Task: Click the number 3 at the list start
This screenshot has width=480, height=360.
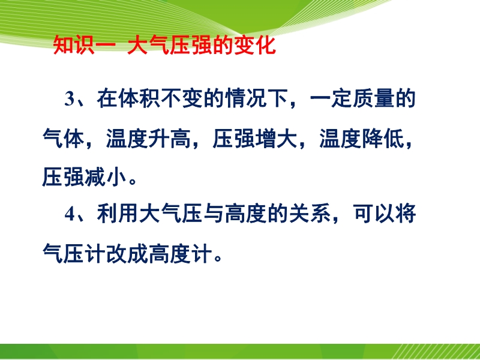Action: (70, 100)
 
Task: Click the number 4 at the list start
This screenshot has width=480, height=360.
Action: (70, 214)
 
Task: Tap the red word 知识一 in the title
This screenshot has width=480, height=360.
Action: (85, 46)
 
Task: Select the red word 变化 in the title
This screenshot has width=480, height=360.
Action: (256, 46)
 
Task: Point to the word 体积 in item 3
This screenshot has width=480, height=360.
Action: (139, 99)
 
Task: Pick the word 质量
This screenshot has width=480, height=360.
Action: (373, 99)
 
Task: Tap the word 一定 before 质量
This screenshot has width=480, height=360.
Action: (331, 99)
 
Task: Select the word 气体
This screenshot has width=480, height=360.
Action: (64, 139)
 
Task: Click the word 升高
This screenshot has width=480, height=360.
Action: (169, 139)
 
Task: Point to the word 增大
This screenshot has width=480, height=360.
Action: (276, 139)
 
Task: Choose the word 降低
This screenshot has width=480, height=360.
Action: (383, 139)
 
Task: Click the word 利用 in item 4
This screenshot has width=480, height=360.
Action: (118, 214)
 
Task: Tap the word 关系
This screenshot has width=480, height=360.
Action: (310, 214)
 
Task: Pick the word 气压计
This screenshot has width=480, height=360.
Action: (74, 253)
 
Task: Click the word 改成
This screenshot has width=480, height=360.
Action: (127, 253)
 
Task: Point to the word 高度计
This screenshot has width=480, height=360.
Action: (180, 253)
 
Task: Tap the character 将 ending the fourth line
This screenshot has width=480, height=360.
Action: (406, 214)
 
